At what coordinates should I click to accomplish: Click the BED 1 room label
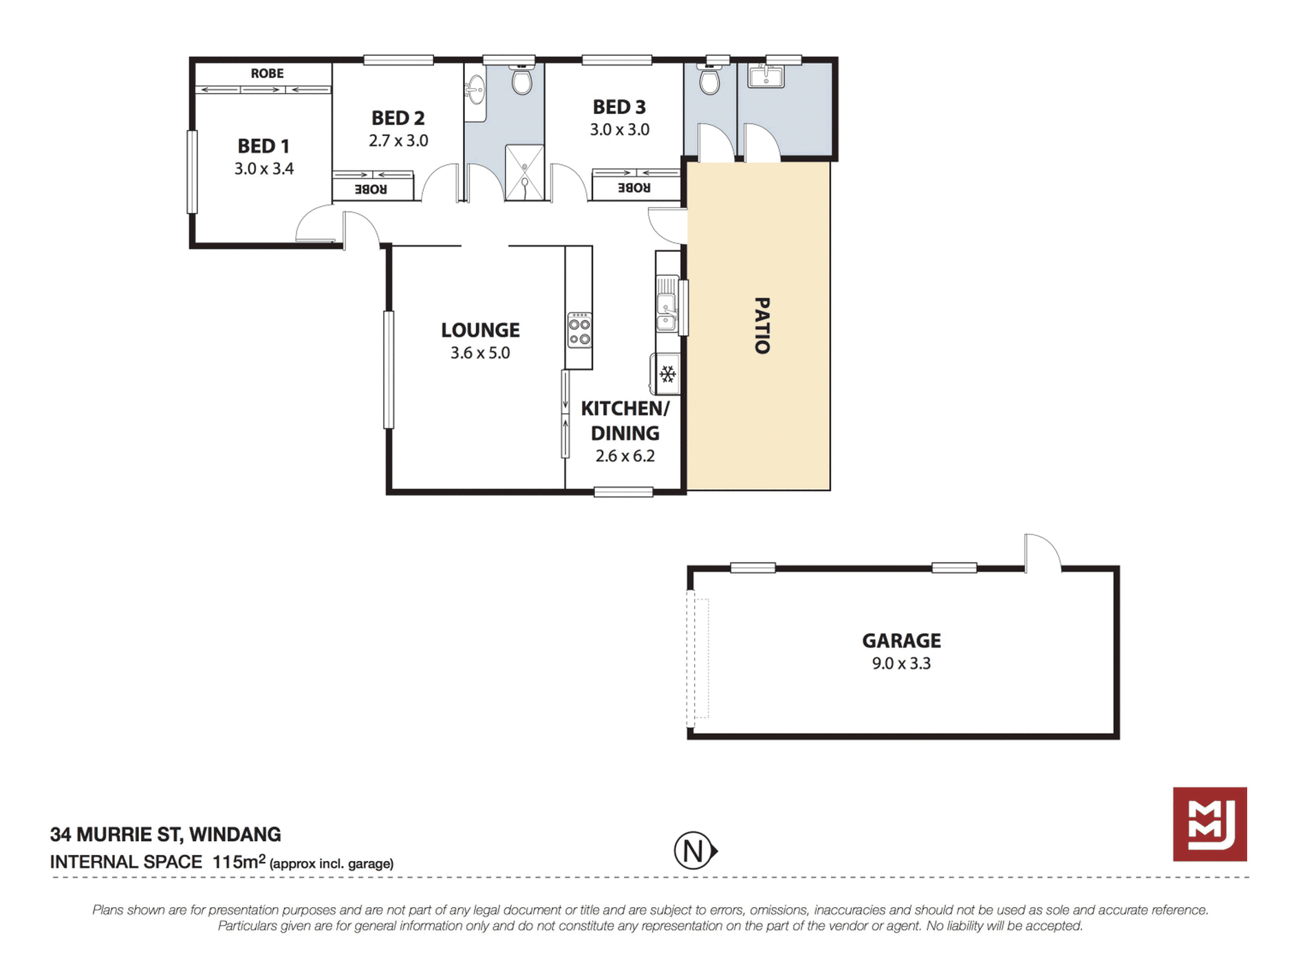(263, 146)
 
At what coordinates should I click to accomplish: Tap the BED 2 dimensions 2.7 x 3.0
(398, 140)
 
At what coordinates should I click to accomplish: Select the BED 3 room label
(619, 107)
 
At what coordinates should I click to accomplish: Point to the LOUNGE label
(480, 330)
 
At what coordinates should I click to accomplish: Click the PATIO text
(762, 325)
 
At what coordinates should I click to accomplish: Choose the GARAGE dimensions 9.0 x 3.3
(901, 664)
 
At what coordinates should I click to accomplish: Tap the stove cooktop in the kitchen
(579, 330)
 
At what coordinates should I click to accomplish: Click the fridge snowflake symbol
(667, 374)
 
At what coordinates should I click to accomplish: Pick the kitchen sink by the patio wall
(666, 303)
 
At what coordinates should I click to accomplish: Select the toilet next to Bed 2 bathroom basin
(522, 80)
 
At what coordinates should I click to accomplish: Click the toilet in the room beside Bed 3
(709, 80)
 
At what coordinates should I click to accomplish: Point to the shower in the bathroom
(525, 173)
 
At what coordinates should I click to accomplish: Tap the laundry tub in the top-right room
(766, 75)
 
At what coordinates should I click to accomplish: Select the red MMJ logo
(1210, 824)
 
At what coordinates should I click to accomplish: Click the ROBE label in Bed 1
(267, 74)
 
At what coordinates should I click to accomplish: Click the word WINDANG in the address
(235, 834)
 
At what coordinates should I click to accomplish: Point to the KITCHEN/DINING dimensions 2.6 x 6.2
(625, 456)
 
